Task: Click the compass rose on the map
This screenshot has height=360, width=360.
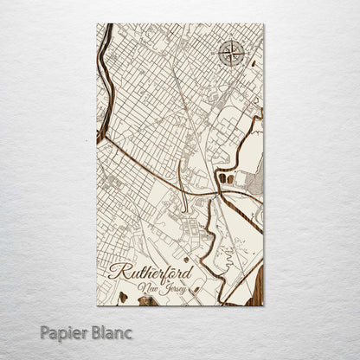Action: pyautogui.click(x=231, y=54)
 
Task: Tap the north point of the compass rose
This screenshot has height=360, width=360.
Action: pyautogui.click(x=231, y=41)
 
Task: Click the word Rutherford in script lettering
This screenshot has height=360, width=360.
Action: pyautogui.click(x=151, y=271)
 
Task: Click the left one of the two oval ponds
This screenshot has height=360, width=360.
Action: pyautogui.click(x=222, y=178)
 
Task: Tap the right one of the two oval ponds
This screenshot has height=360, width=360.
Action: pyautogui.click(x=231, y=178)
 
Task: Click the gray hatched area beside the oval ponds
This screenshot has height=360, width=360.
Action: pyautogui.click(x=253, y=181)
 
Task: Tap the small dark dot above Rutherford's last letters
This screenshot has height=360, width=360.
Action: pyautogui.click(x=185, y=258)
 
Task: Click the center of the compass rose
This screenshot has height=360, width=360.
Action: pyautogui.click(x=231, y=54)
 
